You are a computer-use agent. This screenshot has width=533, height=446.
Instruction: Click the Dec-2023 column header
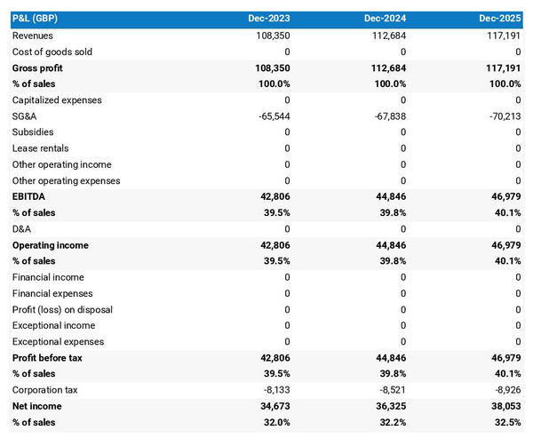(267, 19)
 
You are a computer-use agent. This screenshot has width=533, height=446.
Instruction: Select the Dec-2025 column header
(499, 19)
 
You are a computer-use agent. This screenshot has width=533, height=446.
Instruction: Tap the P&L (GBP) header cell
(36, 19)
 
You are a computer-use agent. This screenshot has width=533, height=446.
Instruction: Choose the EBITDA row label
(30, 196)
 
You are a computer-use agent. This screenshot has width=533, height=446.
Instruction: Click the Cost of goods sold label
(52, 52)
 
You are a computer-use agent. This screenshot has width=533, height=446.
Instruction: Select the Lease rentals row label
(40, 148)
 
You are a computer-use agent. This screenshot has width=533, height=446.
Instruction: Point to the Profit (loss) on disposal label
(62, 309)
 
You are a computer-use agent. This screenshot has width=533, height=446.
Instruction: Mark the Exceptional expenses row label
(58, 342)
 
